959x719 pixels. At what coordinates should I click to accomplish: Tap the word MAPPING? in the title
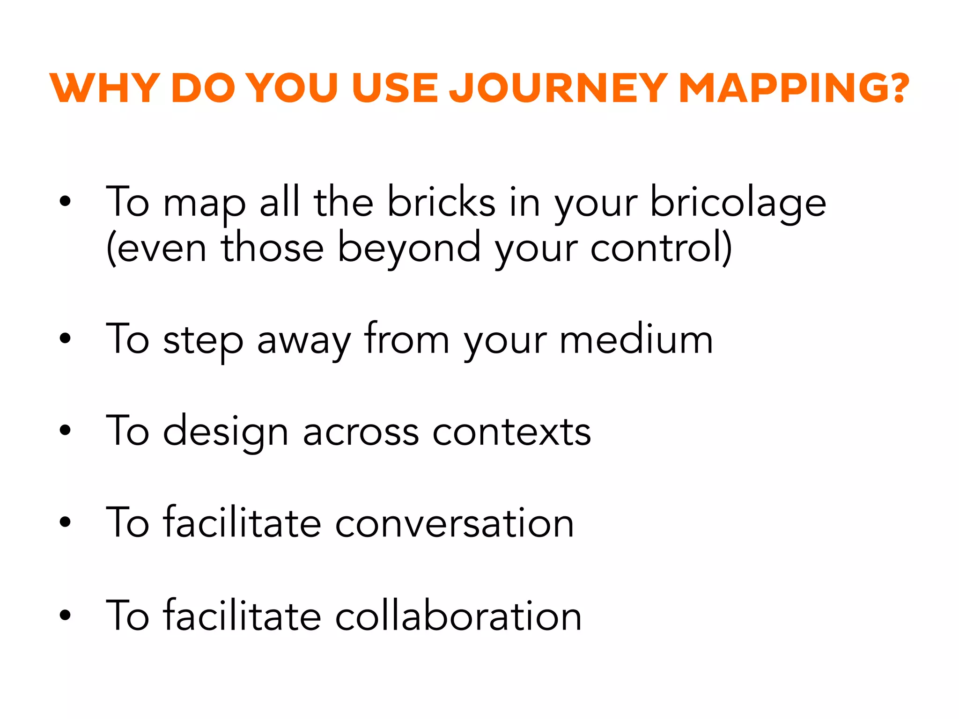[x=794, y=88]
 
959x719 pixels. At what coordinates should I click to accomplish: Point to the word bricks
[x=441, y=202]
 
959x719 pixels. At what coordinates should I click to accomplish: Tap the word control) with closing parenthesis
[x=661, y=248]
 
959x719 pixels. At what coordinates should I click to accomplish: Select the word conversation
[x=454, y=523]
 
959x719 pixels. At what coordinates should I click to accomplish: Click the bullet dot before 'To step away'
[x=65, y=338]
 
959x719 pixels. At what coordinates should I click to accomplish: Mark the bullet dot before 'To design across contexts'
[x=65, y=430]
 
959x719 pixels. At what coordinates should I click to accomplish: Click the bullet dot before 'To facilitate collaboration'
[x=65, y=614]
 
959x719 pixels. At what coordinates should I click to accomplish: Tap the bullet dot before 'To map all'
[x=65, y=201]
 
